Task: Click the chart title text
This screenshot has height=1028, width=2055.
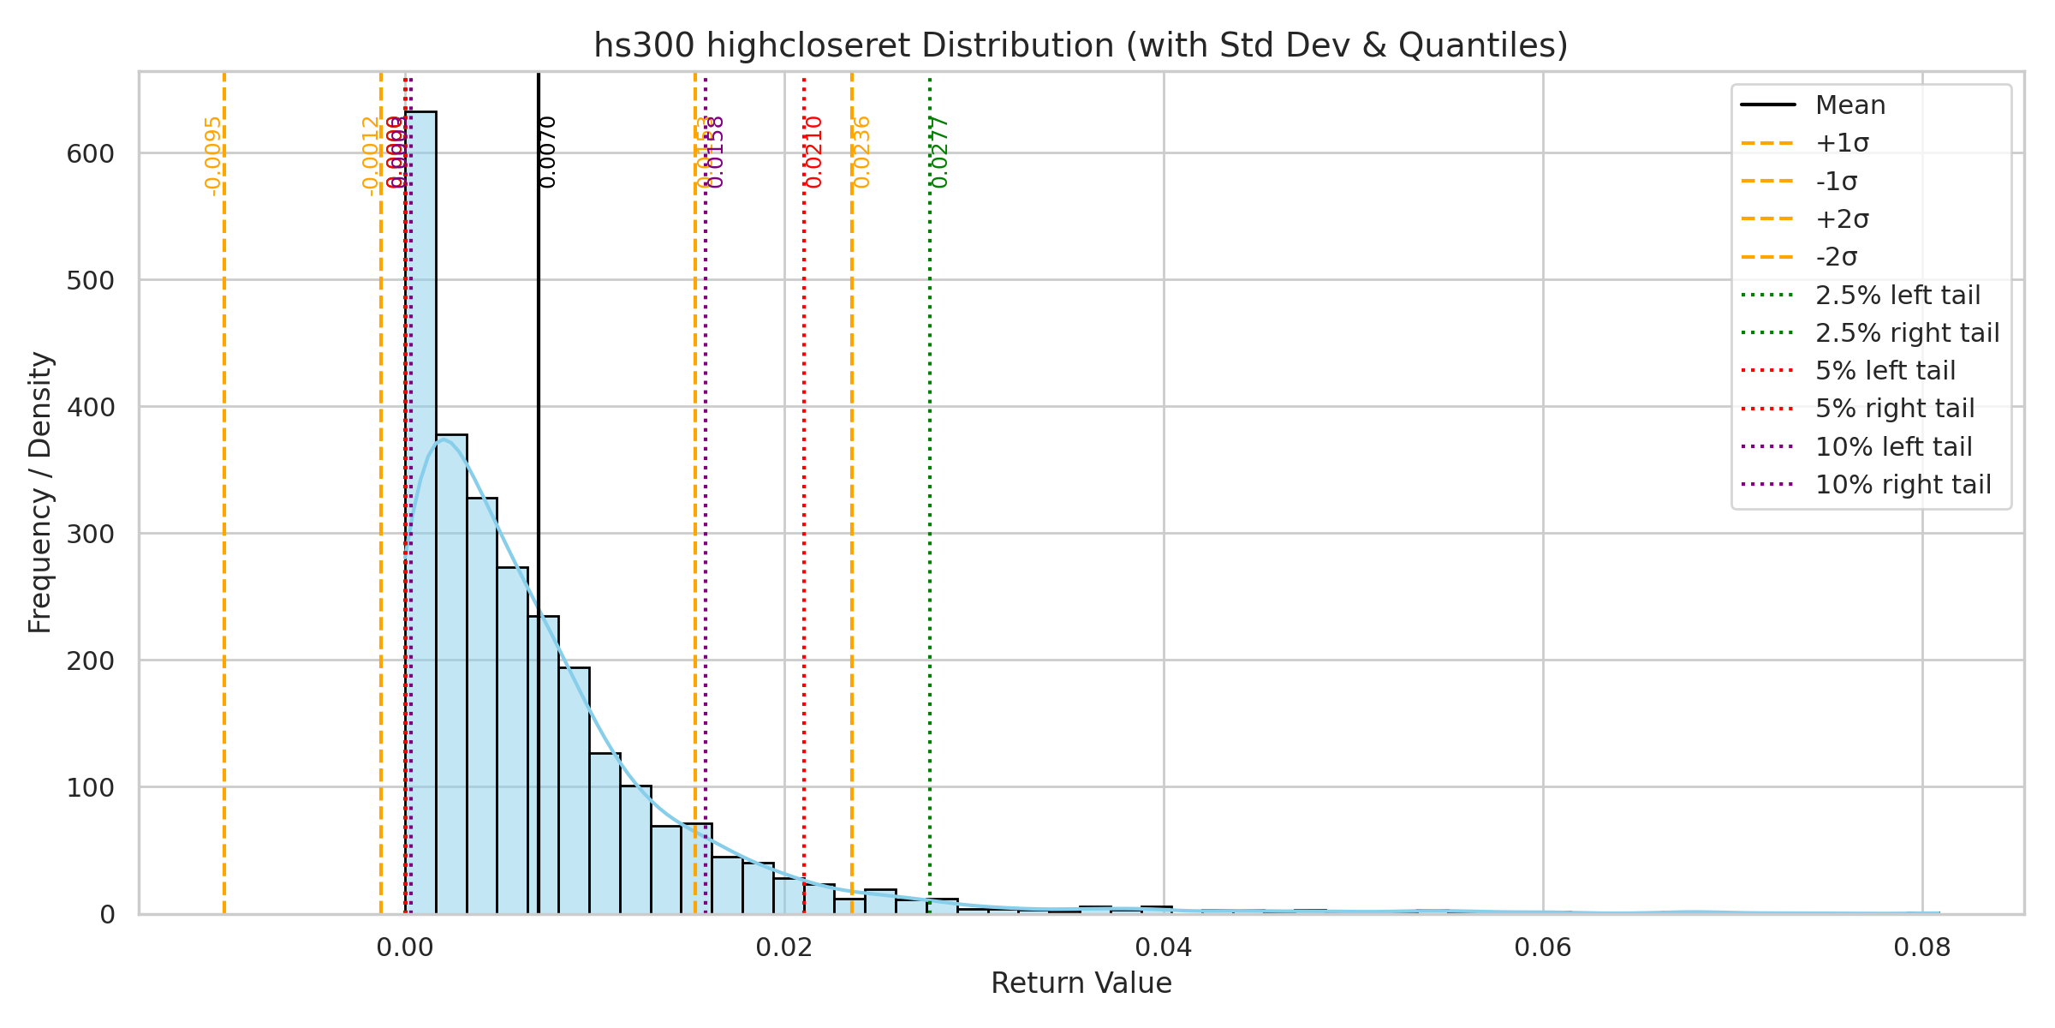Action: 1081,45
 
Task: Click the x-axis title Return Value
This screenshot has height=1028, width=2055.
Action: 1081,983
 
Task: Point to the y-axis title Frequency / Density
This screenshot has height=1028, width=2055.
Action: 40,493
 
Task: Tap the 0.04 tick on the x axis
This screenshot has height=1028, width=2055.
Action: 1164,947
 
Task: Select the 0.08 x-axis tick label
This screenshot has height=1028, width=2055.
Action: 1922,947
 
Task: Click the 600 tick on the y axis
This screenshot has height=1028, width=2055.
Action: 90,154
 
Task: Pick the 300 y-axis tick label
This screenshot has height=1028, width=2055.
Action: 90,535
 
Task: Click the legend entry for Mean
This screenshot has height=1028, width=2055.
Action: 1849,105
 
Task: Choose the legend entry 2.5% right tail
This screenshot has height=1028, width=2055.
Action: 1907,333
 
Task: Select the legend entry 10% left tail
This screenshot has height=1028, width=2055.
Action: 1893,447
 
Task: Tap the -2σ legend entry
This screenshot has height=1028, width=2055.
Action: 1836,257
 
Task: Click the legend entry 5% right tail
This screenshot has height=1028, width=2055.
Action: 1894,409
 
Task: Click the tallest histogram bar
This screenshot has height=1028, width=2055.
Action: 420,514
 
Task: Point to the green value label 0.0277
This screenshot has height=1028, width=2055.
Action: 940,152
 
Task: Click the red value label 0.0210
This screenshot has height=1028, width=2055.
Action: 814,152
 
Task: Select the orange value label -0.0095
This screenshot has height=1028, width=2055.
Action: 213,156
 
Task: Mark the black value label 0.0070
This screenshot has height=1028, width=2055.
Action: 548,152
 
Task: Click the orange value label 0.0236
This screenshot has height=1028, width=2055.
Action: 862,152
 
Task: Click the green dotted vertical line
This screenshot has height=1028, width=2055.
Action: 930,514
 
